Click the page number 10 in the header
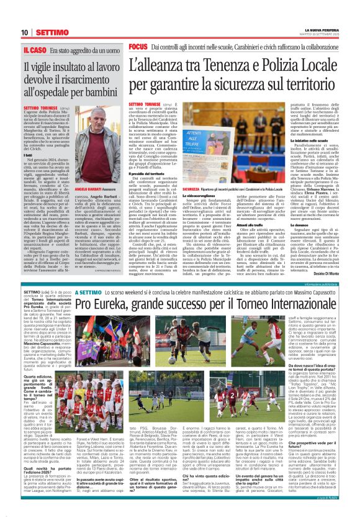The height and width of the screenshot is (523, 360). click(x=25, y=32)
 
